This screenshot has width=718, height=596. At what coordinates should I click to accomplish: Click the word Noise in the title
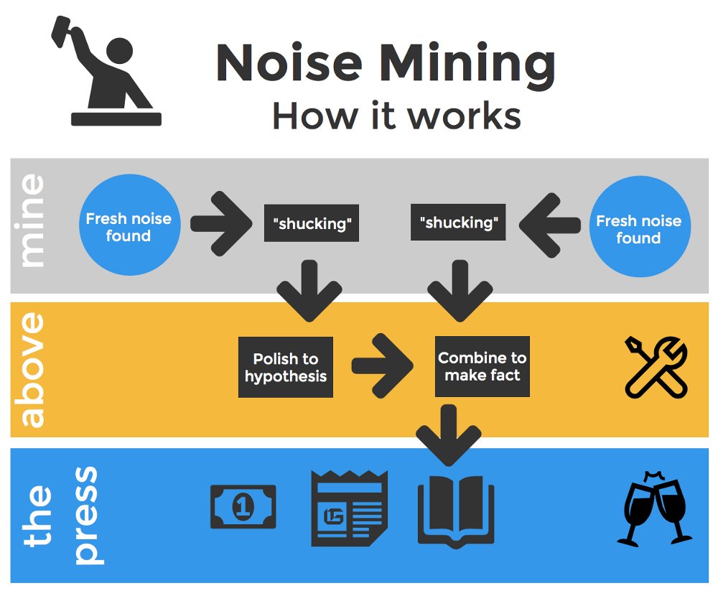point(289,62)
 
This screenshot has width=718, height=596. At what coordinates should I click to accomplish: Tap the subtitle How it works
point(396,116)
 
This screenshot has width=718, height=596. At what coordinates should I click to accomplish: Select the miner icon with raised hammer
point(106,71)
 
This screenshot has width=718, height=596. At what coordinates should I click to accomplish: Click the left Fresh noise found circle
point(129,225)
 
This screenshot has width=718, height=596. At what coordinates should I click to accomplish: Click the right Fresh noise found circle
point(640,227)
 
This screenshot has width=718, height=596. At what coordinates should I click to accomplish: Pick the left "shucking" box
point(312,223)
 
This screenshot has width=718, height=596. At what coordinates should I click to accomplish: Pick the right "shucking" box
point(458,222)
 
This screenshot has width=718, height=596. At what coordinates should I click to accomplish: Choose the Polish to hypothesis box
point(286,367)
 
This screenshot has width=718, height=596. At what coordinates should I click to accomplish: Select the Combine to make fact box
point(482,366)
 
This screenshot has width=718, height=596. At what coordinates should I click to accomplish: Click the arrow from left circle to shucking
point(221,223)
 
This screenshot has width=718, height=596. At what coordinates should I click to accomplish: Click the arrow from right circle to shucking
point(549,225)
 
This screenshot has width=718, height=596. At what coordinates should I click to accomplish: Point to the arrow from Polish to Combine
point(383,365)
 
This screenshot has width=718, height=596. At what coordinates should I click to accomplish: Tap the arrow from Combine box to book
point(448,435)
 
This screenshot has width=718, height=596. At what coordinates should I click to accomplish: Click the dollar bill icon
point(243,507)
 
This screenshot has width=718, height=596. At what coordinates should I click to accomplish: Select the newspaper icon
point(350,508)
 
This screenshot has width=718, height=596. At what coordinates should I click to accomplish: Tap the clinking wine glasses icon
point(654,509)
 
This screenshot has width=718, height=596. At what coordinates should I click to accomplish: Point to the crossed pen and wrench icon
point(656,368)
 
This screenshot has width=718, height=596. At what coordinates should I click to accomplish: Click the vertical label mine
point(32,221)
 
